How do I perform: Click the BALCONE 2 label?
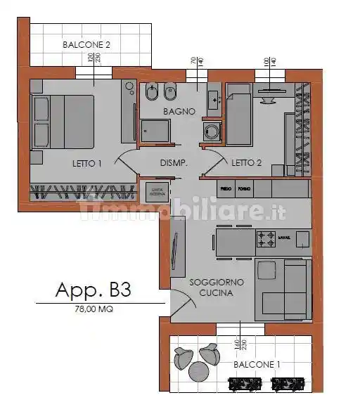(86, 44)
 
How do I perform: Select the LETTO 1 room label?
(88, 163)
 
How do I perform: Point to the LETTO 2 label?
(247, 163)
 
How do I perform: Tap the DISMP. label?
(173, 163)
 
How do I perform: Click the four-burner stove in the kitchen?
(266, 239)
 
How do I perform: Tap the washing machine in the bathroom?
(210, 131)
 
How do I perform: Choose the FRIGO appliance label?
(226, 189)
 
